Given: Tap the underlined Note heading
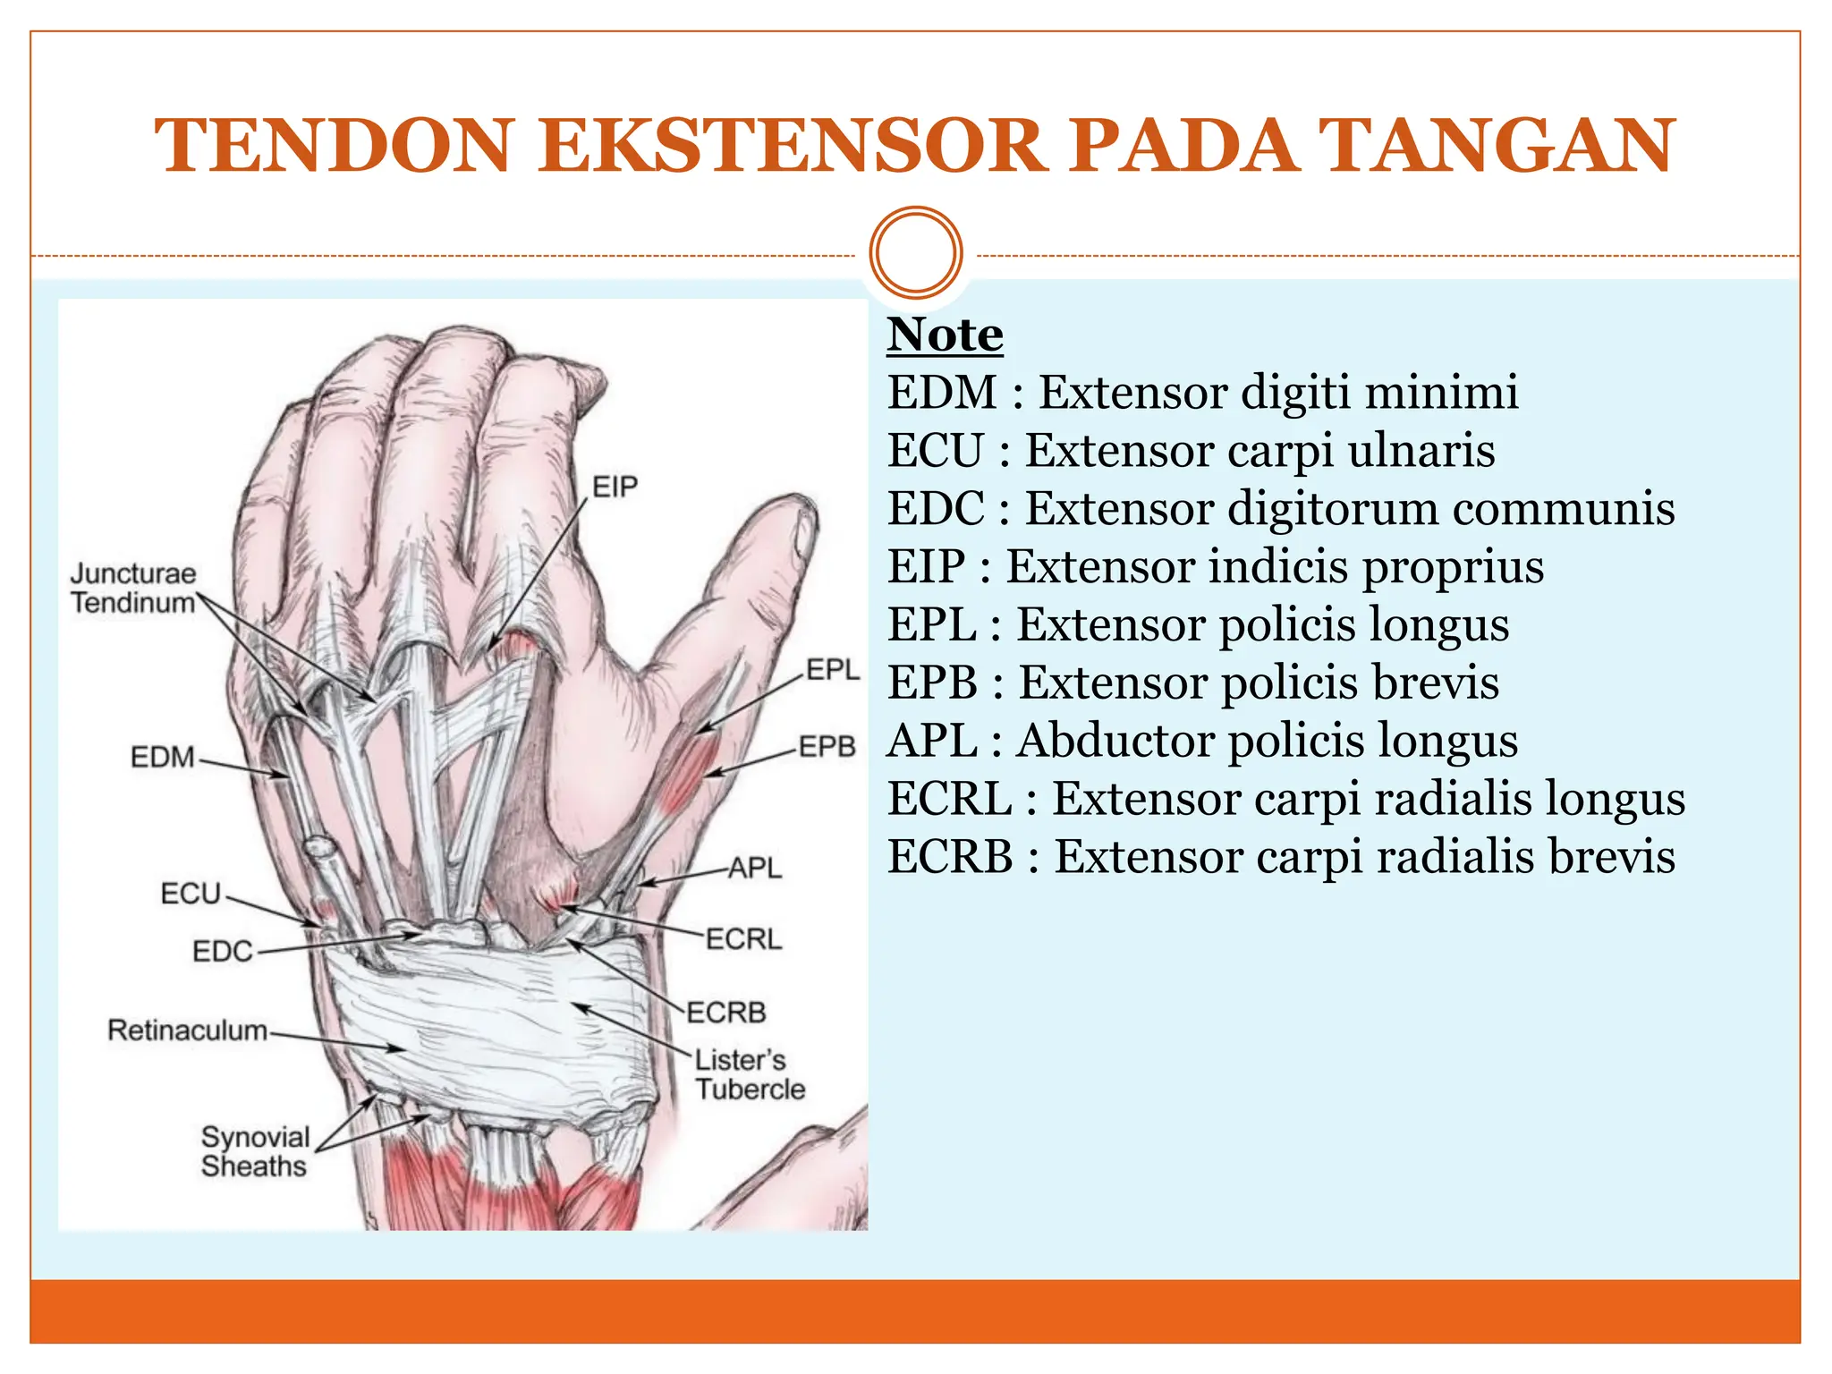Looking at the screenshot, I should tap(945, 335).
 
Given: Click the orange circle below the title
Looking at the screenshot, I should tap(915, 253).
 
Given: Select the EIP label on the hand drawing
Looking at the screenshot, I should tap(615, 488).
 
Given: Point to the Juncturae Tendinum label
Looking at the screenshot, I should tap(133, 588).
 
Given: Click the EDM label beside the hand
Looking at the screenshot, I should tap(162, 758).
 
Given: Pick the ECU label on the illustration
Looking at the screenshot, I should tap(191, 894).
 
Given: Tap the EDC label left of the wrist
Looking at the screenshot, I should tap(223, 951).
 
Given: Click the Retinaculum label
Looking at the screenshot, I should tap(187, 1030).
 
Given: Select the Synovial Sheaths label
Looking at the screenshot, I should tap(255, 1151).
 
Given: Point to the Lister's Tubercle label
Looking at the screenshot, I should tap(750, 1074).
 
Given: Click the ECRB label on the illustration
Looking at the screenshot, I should tap(726, 1013).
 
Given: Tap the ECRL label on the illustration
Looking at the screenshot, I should tap(743, 939).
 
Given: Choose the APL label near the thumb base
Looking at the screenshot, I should tap(755, 868).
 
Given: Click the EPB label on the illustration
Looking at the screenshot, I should tap(827, 746).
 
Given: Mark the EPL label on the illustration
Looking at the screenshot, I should tap(832, 669).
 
